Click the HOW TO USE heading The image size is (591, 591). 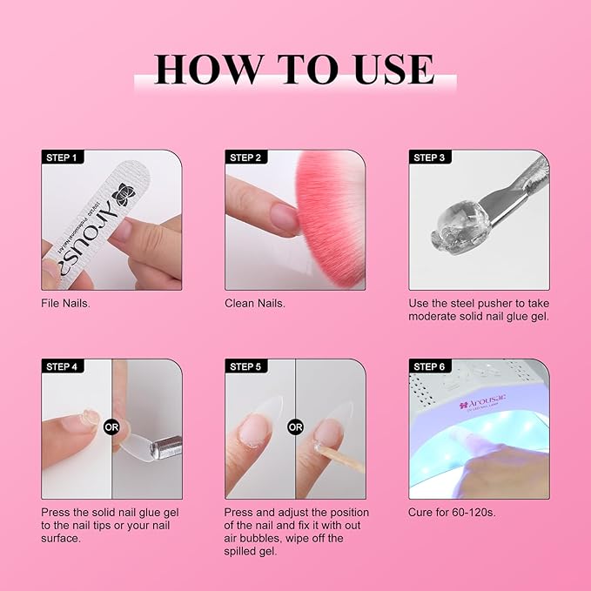[294, 69]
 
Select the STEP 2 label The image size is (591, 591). [245, 158]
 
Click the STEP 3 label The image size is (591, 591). [429, 158]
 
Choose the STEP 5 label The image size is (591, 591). [245, 366]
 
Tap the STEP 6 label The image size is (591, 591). [429, 366]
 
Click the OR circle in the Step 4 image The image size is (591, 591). [111, 427]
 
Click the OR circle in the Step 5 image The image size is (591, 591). [295, 427]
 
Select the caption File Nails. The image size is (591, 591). [65, 303]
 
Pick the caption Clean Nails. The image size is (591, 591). [255, 303]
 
